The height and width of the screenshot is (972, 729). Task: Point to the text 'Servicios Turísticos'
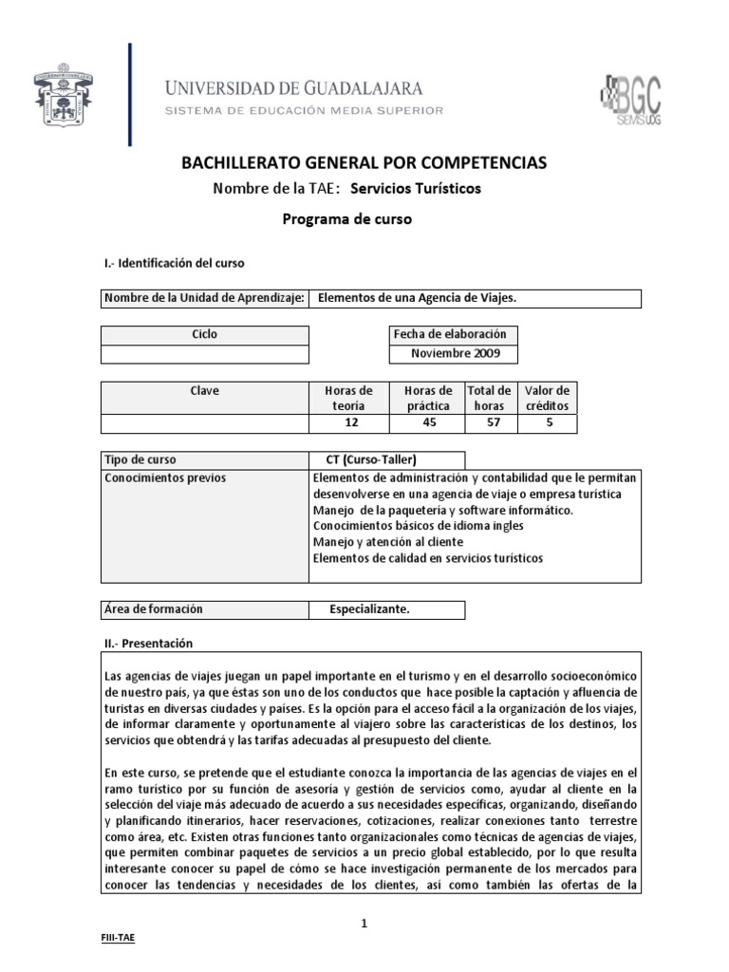tap(416, 189)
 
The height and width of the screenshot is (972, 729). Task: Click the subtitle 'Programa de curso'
tap(348, 219)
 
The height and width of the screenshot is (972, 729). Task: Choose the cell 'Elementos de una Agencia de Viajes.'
tap(415, 298)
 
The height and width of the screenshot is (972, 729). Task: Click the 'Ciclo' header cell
tap(204, 334)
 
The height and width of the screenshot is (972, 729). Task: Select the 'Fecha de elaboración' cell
tap(454, 334)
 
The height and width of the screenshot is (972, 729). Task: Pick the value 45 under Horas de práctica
tap(427, 423)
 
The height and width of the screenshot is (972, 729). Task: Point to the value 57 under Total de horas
tap(489, 423)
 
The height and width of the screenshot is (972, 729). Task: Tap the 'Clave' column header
tap(204, 391)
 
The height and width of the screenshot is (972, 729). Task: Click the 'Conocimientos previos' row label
tap(166, 477)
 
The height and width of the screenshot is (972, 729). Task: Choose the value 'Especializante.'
tap(369, 608)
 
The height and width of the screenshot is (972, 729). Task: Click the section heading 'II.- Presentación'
tap(147, 643)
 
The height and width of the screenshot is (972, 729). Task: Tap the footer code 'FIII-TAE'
tap(119, 936)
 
